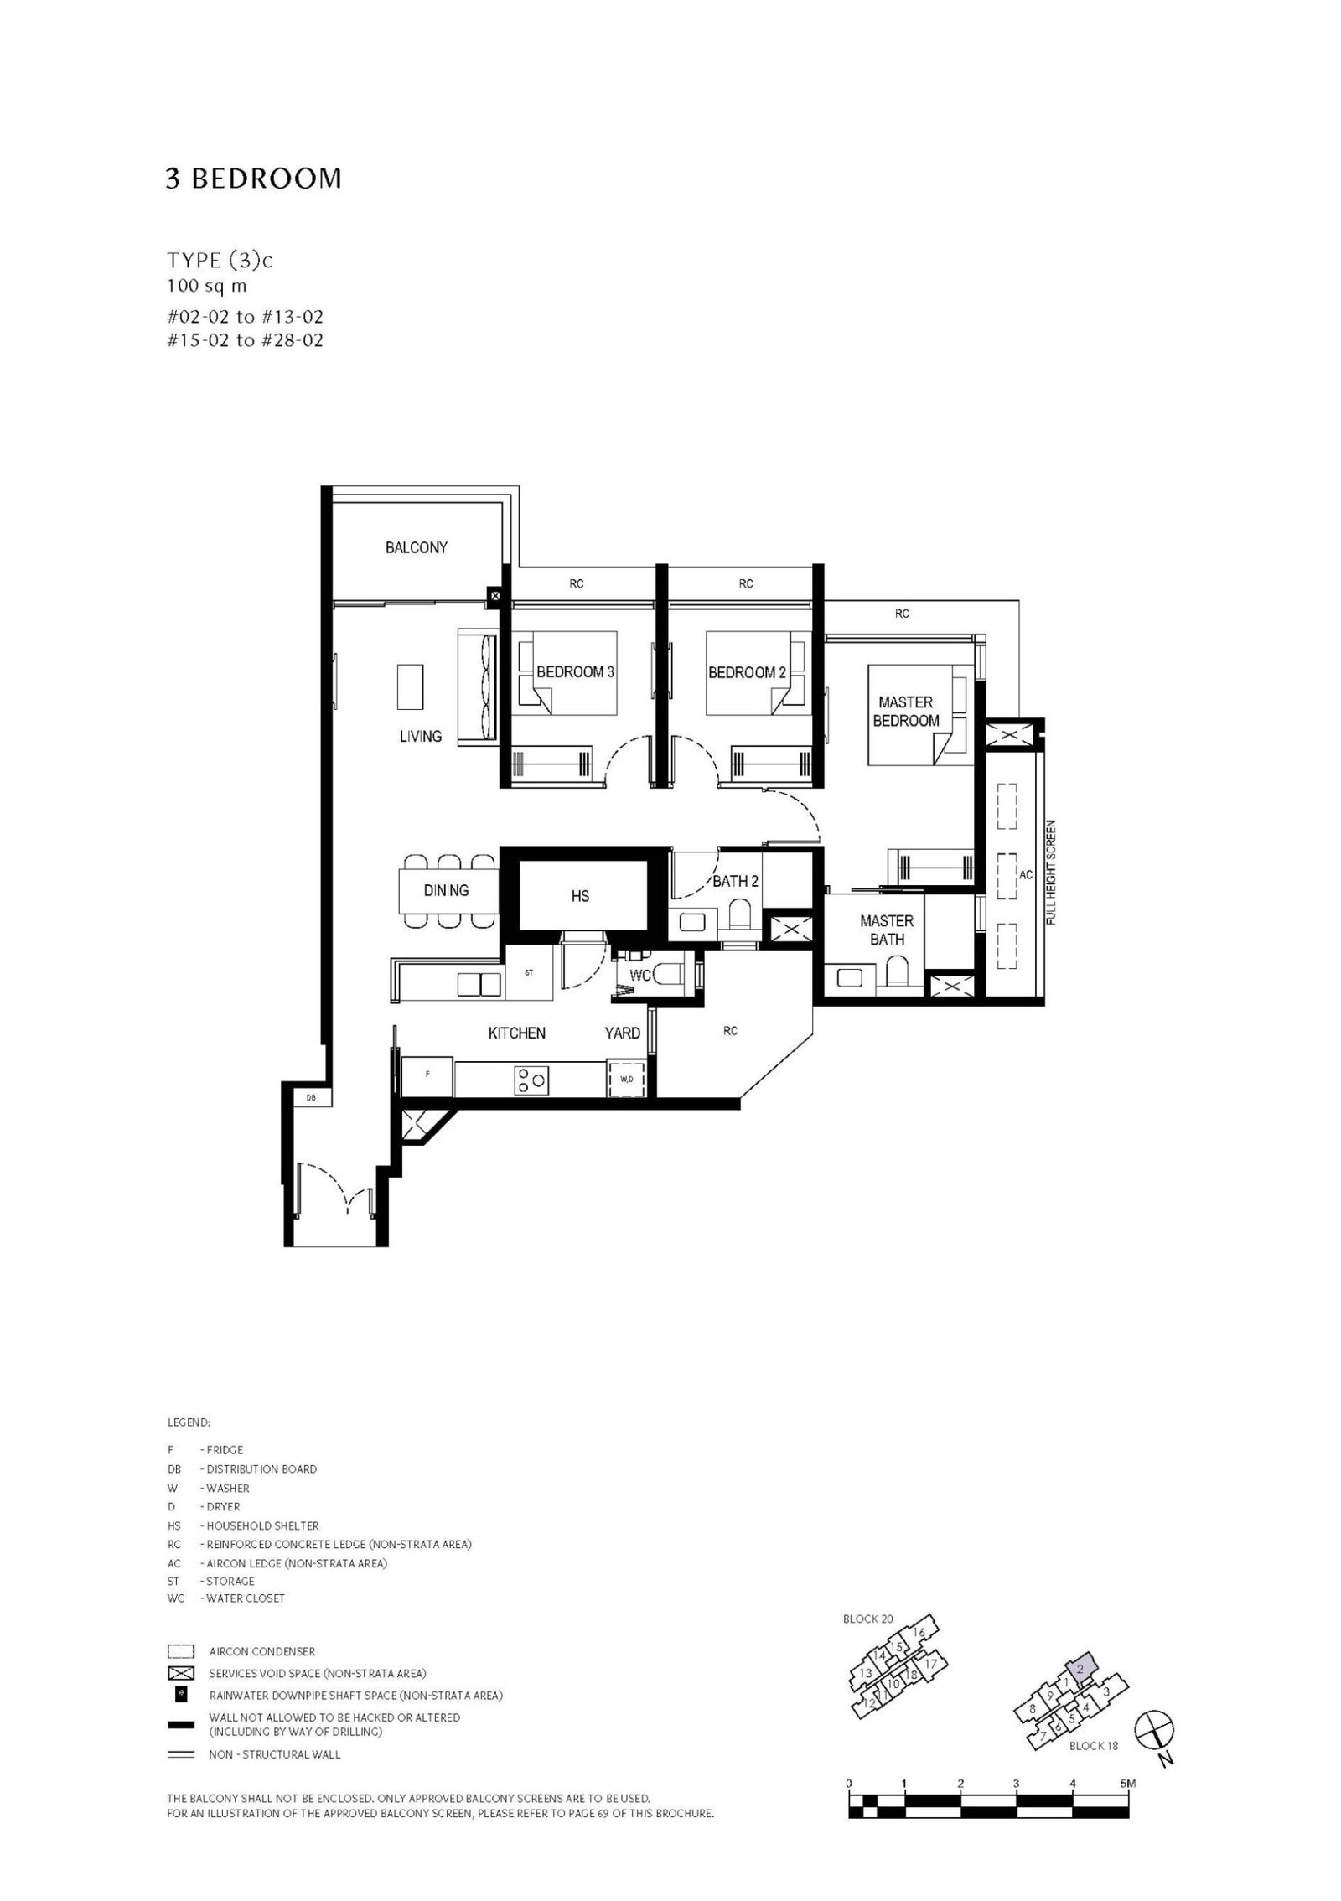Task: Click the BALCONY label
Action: coord(416,547)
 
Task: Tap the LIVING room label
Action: coord(420,736)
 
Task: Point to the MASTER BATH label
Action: coord(887,930)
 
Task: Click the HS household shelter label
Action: coord(580,896)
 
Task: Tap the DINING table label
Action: coord(446,890)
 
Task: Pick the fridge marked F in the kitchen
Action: coord(427,1074)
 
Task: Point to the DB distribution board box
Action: coord(311,1097)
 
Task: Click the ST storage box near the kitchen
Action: coord(529,973)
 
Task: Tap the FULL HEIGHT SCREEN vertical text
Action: coord(1050,873)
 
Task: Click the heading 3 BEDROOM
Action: coord(254,179)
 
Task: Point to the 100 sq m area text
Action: coord(206,286)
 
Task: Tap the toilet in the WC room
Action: coord(668,975)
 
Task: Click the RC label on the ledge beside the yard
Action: coord(730,1031)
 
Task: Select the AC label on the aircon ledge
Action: coord(1026,874)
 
